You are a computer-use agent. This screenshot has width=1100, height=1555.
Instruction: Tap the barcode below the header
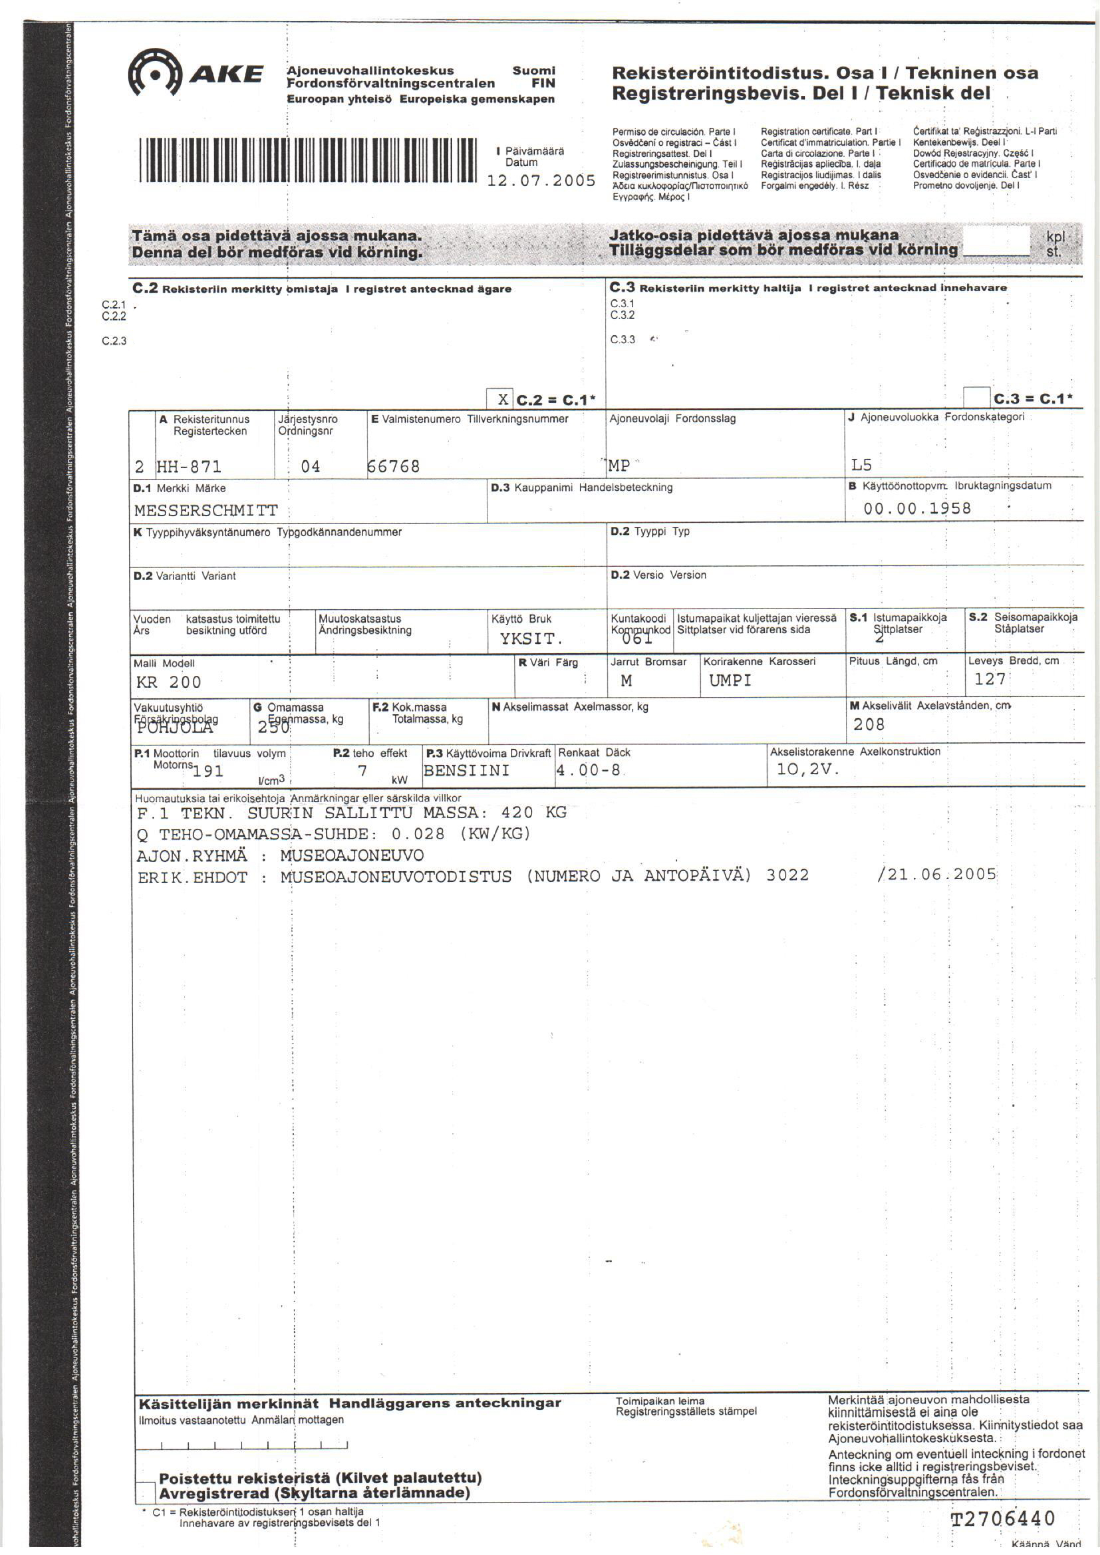click(x=307, y=161)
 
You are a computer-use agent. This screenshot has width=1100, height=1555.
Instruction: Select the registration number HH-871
click(x=189, y=466)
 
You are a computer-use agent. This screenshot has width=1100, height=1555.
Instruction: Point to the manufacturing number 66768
click(x=394, y=466)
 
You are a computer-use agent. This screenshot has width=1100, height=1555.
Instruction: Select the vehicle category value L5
click(x=861, y=465)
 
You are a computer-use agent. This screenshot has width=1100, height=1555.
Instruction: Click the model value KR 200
click(x=168, y=682)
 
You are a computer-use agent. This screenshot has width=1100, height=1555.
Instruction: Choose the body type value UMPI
click(x=730, y=681)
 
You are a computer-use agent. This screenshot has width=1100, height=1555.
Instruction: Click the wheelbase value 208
click(x=869, y=725)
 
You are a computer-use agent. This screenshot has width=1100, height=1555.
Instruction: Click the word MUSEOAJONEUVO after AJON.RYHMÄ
click(x=352, y=855)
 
